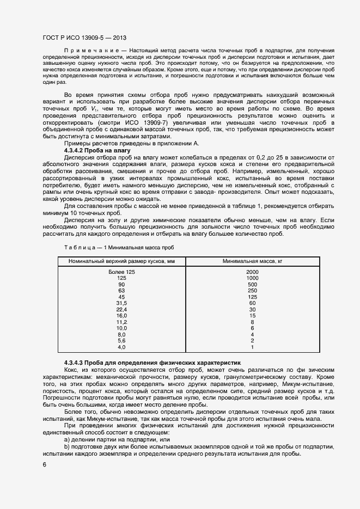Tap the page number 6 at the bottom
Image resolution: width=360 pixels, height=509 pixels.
pos(45,464)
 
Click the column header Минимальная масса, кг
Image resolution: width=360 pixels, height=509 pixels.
pos(253,261)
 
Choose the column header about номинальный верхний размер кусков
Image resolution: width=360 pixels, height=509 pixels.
pos(121,261)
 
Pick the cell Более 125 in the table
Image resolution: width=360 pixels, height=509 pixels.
pos(121,272)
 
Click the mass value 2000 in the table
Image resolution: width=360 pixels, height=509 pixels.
pos(252,272)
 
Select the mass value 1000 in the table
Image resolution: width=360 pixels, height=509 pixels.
pos(252,278)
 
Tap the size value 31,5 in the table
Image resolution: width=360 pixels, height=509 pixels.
pos(121,303)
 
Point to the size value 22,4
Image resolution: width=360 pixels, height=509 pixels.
pos(121,309)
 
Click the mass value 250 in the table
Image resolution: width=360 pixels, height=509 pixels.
pos(252,291)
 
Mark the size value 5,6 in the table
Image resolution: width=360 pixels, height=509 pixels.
pos(121,341)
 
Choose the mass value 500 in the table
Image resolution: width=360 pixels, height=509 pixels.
pos(252,284)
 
